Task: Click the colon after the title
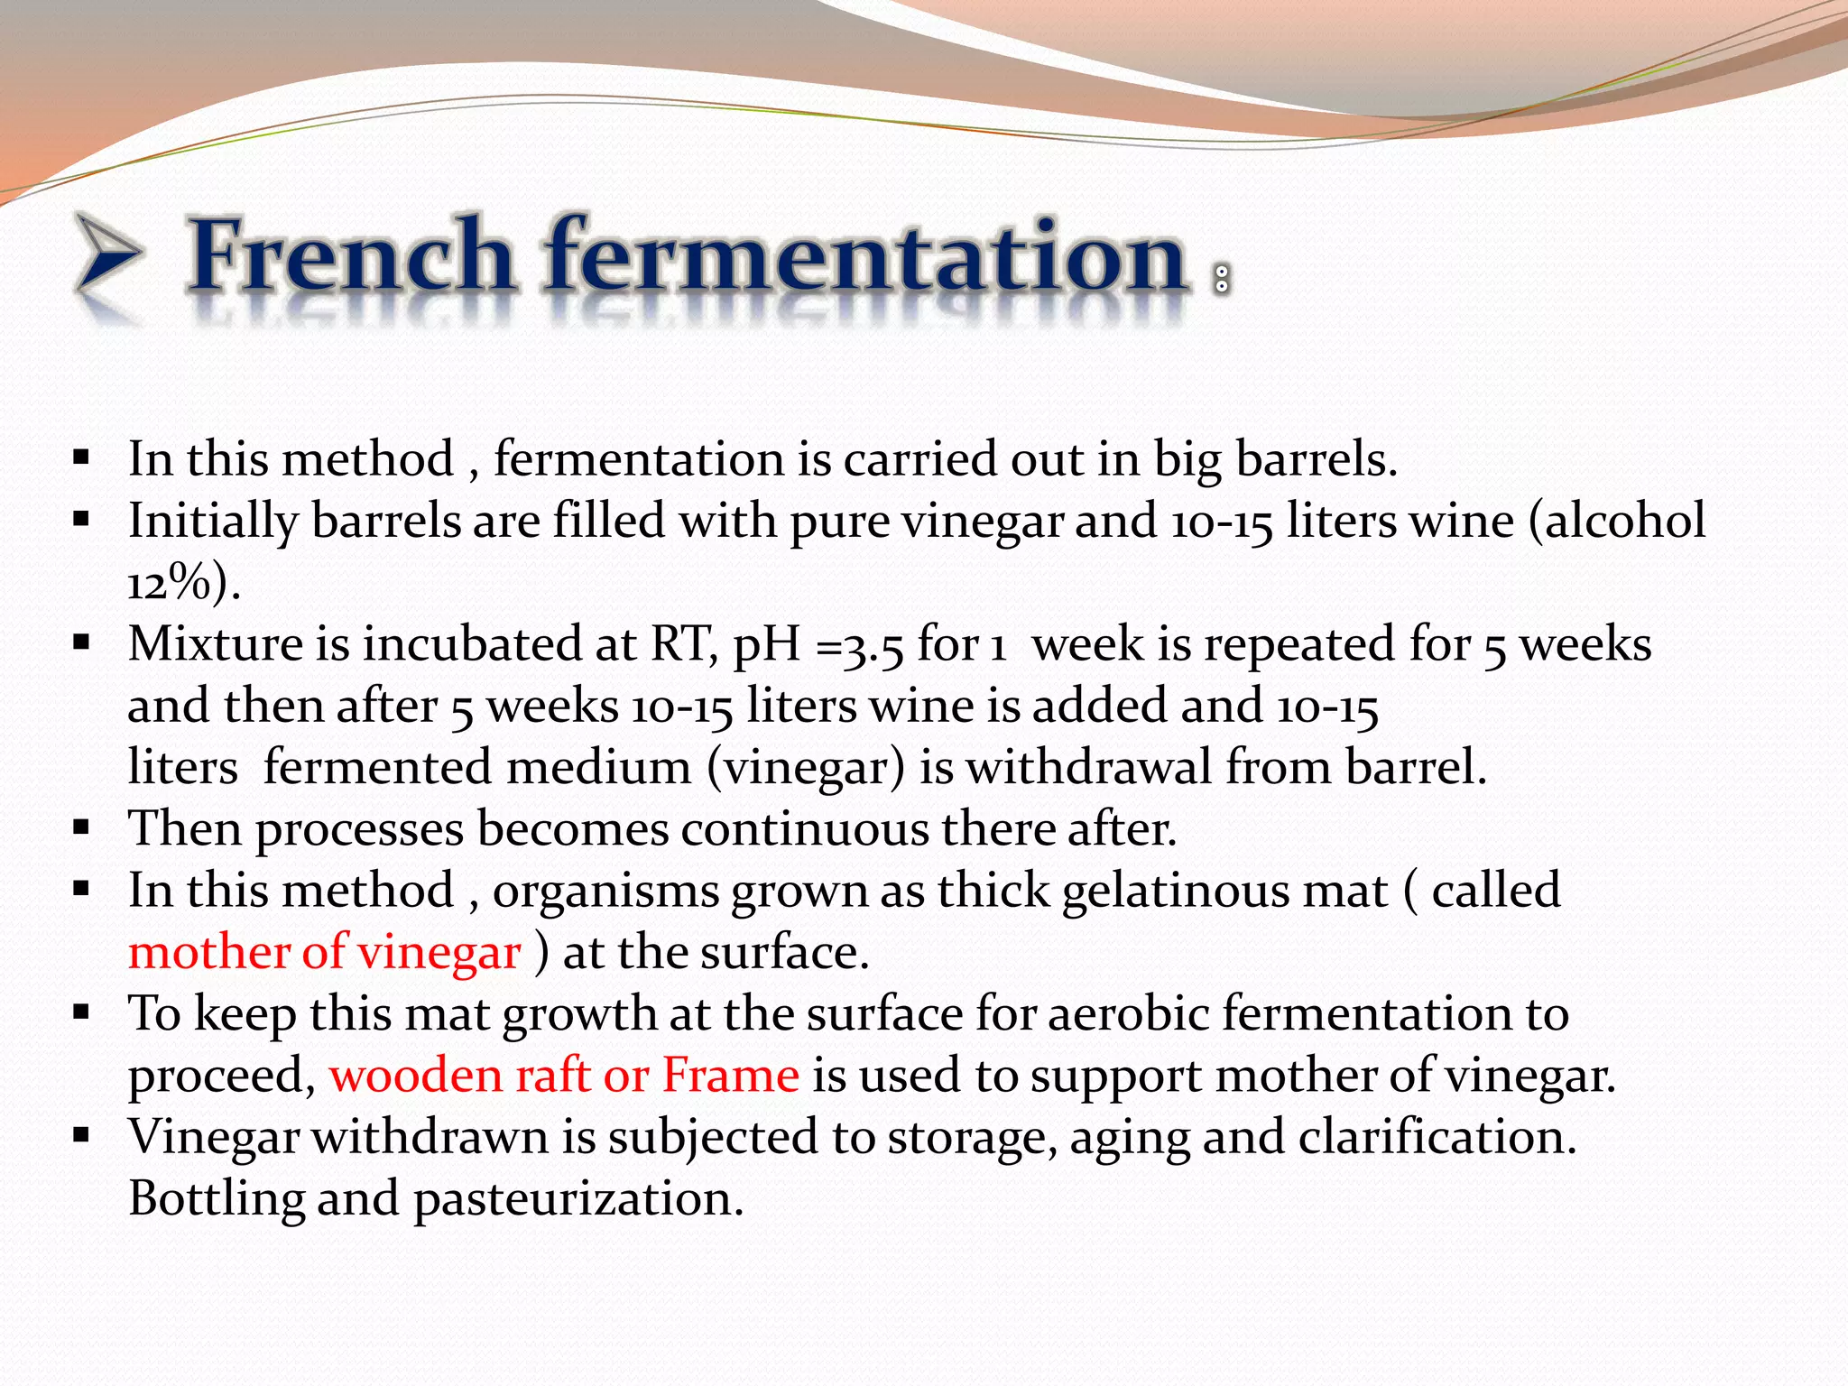(x=1222, y=279)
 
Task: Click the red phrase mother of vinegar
(x=324, y=953)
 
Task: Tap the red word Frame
(x=730, y=1076)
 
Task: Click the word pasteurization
(x=578, y=1199)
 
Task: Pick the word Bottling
(x=217, y=1199)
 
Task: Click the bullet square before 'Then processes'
(x=82, y=827)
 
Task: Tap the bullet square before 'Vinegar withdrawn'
(x=82, y=1134)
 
